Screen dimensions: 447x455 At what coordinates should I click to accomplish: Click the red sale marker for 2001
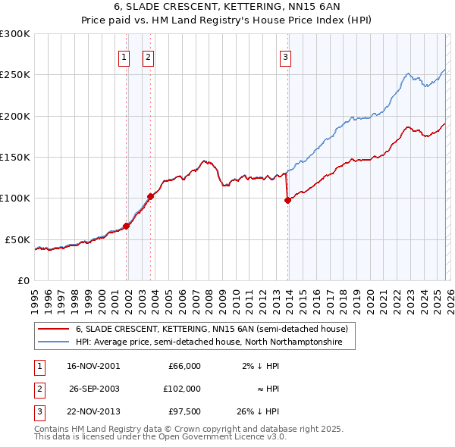pyautogui.click(x=127, y=226)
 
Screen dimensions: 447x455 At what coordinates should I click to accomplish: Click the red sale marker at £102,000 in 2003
pyautogui.click(x=151, y=196)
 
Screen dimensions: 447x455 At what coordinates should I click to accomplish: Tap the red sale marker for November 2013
pyautogui.click(x=288, y=200)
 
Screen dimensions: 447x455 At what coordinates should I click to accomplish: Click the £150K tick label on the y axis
pyautogui.click(x=15, y=158)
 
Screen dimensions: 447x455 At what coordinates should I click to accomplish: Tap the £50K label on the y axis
pyautogui.click(x=17, y=239)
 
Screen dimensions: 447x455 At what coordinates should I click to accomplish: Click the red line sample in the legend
pyautogui.click(x=53, y=330)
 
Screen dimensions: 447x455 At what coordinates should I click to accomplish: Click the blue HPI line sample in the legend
pyautogui.click(x=53, y=342)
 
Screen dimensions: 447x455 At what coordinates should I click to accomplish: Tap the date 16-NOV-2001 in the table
pyautogui.click(x=93, y=366)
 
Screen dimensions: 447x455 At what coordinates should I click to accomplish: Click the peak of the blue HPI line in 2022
pyautogui.click(x=408, y=73)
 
